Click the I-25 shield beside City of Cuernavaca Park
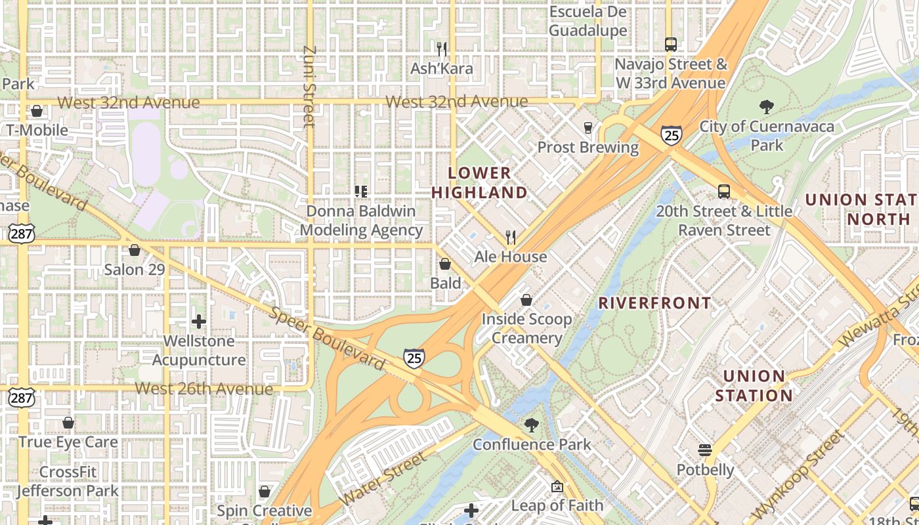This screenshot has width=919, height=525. point(671,135)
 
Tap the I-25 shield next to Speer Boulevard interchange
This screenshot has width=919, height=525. point(414,358)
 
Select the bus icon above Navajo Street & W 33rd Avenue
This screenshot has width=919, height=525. point(670,45)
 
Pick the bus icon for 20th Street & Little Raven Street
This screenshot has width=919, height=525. point(723,192)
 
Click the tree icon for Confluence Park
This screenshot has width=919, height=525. point(531,425)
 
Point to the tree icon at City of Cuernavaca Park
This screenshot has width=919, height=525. point(766,107)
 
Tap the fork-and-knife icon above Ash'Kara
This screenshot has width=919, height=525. point(442,49)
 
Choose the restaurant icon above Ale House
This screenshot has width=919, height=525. point(511,237)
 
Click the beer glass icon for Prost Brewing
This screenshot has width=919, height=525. point(588,128)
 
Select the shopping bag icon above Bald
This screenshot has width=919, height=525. point(445,264)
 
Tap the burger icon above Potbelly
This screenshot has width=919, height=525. point(705,450)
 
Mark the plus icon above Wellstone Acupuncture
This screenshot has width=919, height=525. point(198,322)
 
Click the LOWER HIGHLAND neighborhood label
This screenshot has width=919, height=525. point(479,182)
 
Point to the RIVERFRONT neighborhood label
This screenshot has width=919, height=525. point(654,303)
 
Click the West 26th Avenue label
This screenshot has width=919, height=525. point(203,388)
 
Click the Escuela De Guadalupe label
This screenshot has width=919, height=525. point(588,21)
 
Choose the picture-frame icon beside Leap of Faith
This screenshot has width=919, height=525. point(557,486)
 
